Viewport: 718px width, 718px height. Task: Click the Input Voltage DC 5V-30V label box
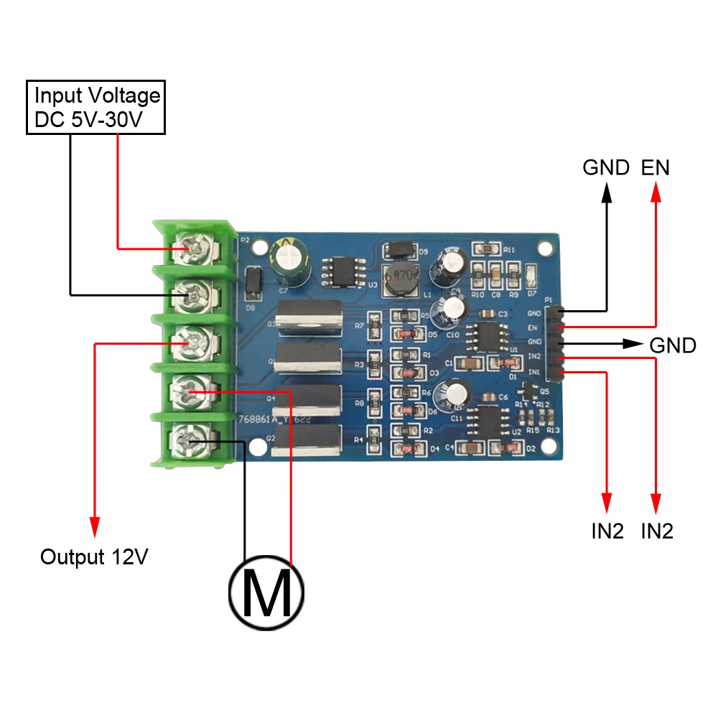[96, 108]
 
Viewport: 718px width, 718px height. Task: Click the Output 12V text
[94, 557]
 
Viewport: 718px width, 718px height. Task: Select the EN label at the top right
[655, 168]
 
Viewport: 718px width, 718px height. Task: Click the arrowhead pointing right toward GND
[633, 344]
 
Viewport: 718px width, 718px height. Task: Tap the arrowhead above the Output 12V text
[94, 526]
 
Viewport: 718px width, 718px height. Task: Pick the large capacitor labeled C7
[290, 259]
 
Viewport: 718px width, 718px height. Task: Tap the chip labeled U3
[346, 274]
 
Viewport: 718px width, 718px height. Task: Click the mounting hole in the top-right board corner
[546, 249]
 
